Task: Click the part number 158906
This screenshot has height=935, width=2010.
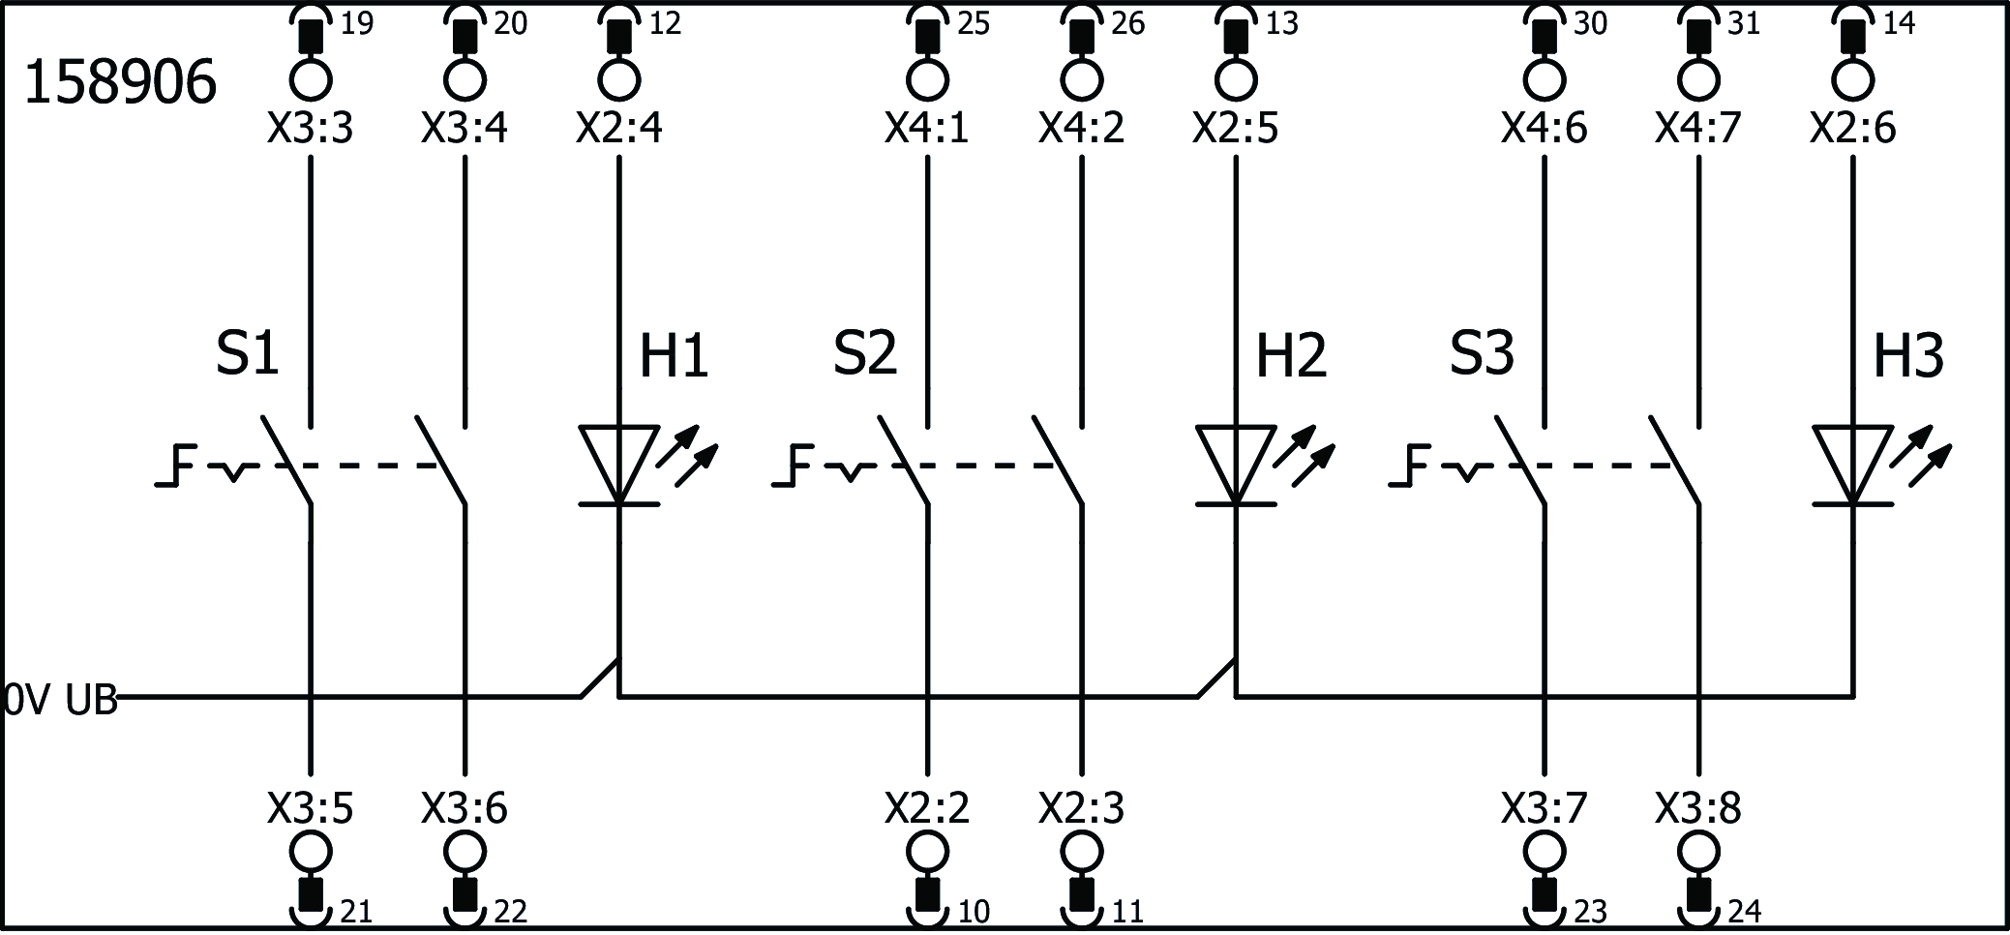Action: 119,83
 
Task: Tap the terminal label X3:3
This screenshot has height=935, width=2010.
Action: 310,129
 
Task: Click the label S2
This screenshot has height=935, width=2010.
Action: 864,353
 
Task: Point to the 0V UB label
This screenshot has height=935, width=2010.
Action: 60,700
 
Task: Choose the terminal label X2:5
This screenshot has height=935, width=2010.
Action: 1235,129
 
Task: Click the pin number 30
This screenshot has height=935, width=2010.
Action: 1590,24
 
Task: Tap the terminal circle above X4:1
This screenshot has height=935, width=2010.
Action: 927,79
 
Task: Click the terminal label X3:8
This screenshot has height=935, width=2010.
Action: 1697,808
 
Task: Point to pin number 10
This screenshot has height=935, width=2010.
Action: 974,912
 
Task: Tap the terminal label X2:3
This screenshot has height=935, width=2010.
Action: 1081,808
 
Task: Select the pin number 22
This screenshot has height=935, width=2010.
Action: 511,912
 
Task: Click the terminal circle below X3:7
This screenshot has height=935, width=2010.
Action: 1544,853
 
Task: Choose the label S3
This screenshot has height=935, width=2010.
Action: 1481,353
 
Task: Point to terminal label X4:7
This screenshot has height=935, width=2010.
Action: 1697,129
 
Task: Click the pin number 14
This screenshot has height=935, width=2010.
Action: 1899,24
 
